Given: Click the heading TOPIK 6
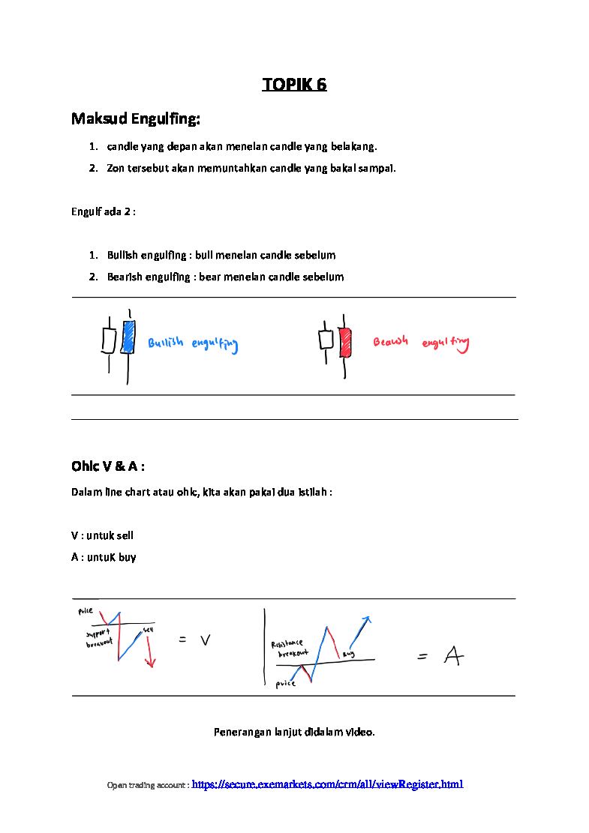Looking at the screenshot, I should tap(294, 84).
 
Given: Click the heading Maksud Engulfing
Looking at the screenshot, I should tap(136, 118).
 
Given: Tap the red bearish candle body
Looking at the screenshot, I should tap(346, 342).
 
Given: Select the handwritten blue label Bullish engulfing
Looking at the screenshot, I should tap(193, 345).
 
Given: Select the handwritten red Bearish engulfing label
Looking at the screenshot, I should tap(421, 343).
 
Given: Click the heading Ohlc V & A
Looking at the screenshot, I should tap(108, 466).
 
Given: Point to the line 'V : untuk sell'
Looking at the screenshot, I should tap(102, 535).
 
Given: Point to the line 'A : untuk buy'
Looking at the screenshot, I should tap(104, 557).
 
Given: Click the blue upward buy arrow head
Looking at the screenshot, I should tap(368, 620).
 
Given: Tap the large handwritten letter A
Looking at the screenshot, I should tap(453, 657).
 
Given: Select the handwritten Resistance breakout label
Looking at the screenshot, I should tap(289, 649).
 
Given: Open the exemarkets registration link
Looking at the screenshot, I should tap(328, 784).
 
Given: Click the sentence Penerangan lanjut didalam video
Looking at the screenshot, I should tap(294, 732).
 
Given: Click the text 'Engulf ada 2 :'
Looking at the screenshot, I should tap(104, 211).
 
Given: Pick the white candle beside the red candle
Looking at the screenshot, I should tap(326, 339).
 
